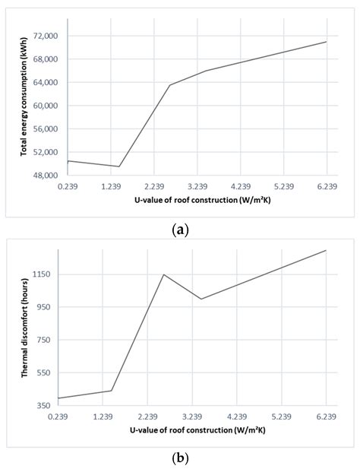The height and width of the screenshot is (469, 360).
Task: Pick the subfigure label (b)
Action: (180, 458)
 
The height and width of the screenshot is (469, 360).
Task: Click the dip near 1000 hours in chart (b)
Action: (201, 299)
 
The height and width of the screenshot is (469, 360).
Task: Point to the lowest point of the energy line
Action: (119, 166)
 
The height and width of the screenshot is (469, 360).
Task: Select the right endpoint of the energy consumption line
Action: (327, 42)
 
